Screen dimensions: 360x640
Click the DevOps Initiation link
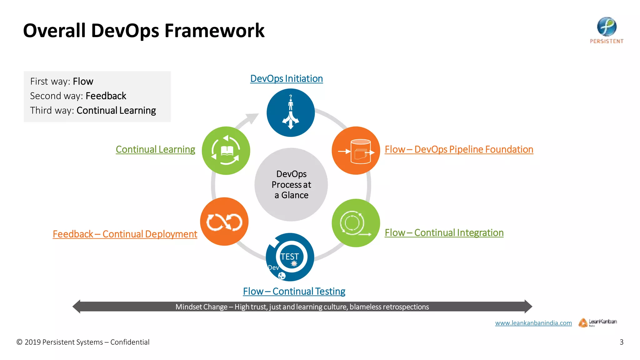tap(286, 78)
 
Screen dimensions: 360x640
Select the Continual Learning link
tap(155, 149)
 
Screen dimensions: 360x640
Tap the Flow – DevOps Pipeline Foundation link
tap(459, 149)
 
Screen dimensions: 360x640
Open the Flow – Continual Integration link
tap(444, 233)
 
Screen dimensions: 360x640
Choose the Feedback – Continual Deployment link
tap(125, 234)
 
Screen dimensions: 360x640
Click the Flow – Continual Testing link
tap(294, 291)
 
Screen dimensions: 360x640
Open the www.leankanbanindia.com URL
tap(533, 323)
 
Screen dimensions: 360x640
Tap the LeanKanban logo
tap(597, 322)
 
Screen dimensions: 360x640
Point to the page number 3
tap(621, 342)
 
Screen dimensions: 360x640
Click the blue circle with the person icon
tap(290, 113)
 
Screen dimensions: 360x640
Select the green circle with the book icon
tap(226, 151)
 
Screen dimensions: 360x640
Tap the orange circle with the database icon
tap(356, 151)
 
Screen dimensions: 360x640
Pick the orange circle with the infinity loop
tap(224, 222)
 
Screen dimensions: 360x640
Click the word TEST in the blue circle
tap(289, 257)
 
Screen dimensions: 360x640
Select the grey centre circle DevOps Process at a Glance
tap(291, 185)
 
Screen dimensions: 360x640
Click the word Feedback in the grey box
tap(106, 96)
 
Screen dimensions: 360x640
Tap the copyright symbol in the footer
tap(19, 342)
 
